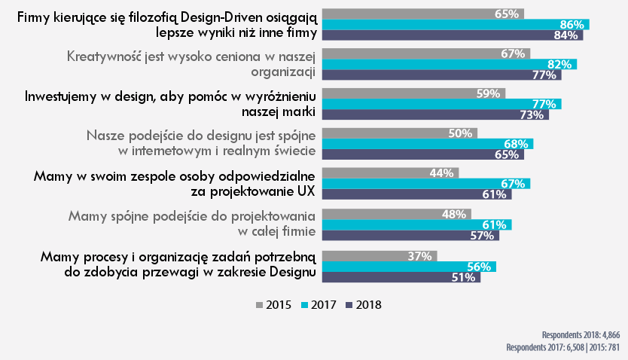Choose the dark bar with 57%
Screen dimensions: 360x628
(411, 235)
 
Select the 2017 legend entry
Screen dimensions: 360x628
(319, 305)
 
